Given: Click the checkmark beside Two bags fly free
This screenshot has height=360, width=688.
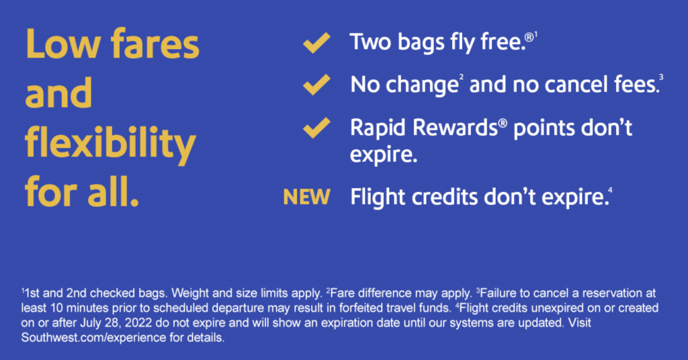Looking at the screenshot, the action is tap(316, 42).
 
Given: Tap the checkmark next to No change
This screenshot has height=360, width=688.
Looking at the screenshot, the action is tap(316, 84).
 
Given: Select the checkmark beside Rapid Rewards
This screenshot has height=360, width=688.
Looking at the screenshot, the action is tap(316, 128).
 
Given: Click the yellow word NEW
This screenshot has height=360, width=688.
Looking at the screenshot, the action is tap(306, 197).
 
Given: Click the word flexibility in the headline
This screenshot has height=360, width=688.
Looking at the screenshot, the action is tap(110, 142).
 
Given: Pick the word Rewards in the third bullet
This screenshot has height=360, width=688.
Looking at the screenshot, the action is tap(455, 128).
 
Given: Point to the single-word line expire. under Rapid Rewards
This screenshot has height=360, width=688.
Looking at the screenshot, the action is tap(384, 155).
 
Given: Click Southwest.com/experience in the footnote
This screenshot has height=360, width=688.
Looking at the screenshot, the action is tap(93, 338).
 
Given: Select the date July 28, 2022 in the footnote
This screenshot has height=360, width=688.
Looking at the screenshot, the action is tap(116, 323).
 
